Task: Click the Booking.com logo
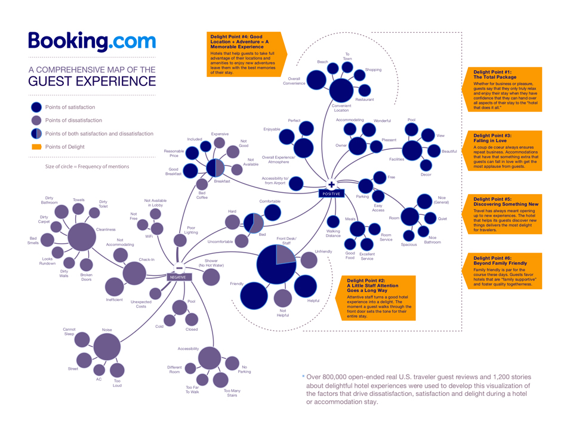tap(92, 42)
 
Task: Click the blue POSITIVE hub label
tap(331, 193)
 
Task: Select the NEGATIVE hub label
tap(178, 277)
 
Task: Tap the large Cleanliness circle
tap(82, 236)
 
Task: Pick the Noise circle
tap(107, 346)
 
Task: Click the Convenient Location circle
tap(341, 90)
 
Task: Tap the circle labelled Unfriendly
tap(308, 260)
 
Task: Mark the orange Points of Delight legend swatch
tap(36, 147)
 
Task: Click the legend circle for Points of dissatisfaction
tap(36, 121)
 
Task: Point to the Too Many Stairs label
tap(232, 393)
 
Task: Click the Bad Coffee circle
tap(202, 185)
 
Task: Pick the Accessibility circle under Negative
tap(209, 358)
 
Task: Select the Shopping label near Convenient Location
tap(373, 70)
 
